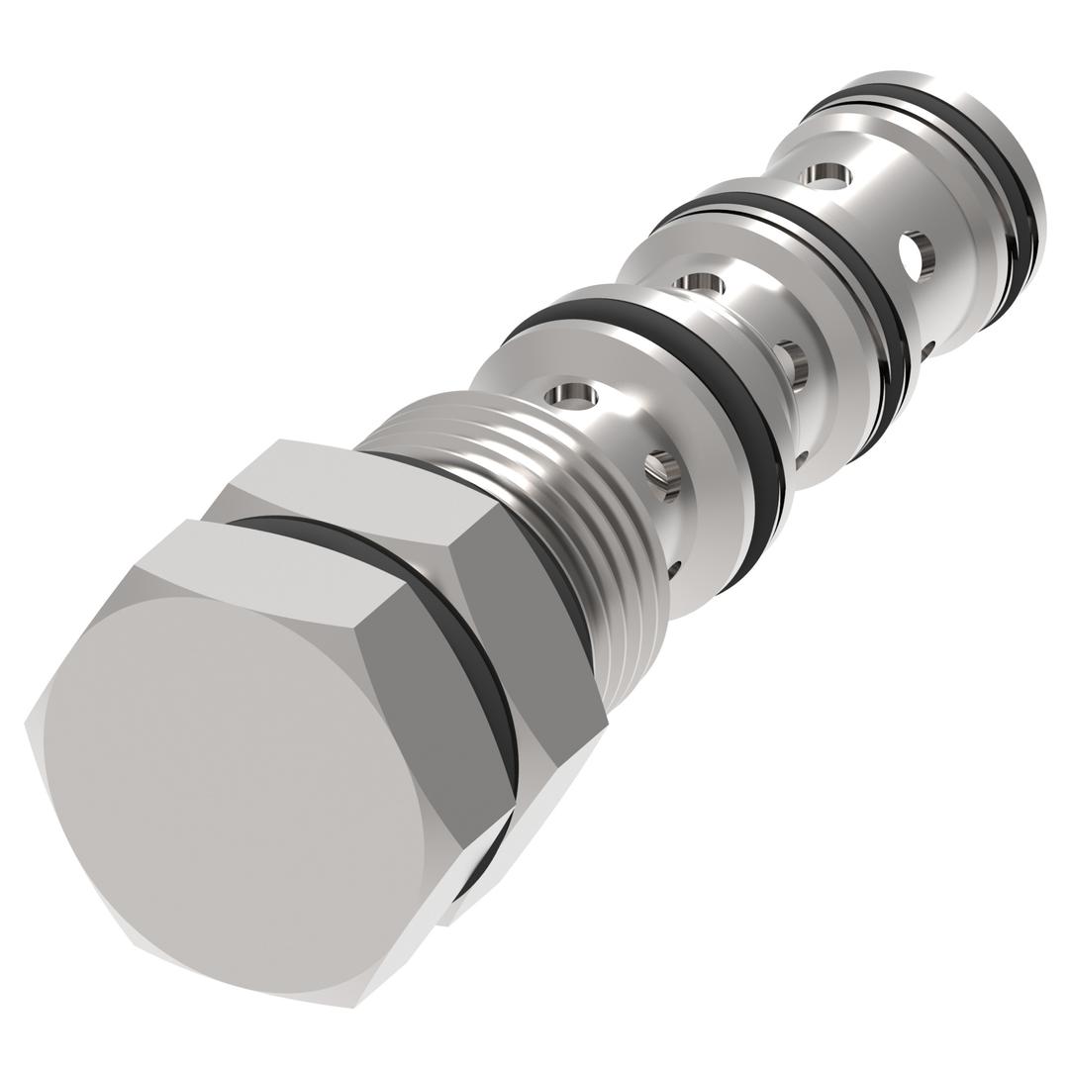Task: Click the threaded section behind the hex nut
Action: tap(554, 495)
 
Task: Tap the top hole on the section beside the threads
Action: tap(571, 396)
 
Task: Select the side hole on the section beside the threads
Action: tap(663, 473)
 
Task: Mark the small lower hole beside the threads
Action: tap(674, 569)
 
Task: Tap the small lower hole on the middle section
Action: tap(801, 460)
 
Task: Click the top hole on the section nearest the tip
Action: tap(826, 176)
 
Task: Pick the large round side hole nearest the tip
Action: tap(917, 255)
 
